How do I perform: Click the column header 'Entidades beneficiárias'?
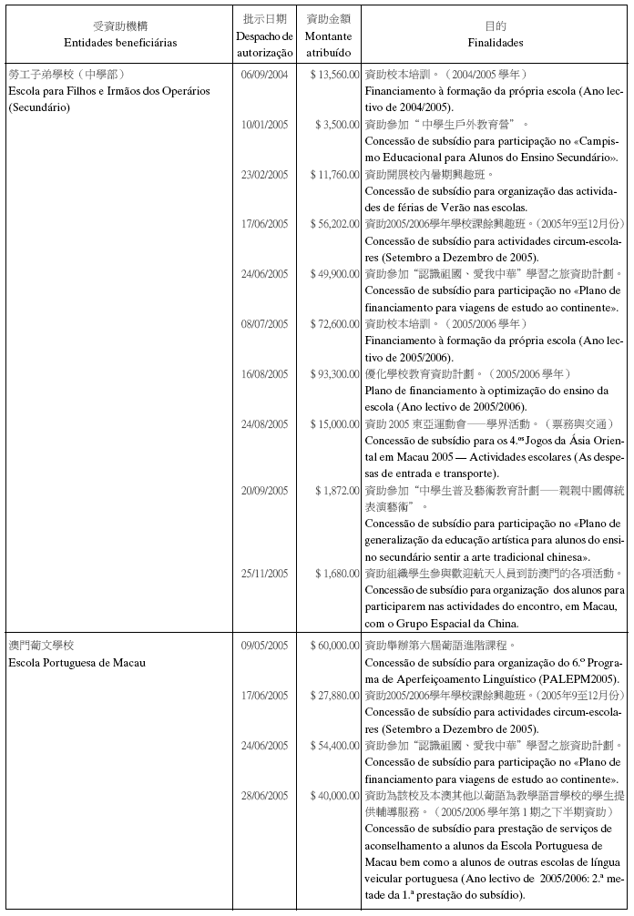click(121, 43)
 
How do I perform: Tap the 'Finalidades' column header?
click(495, 43)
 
